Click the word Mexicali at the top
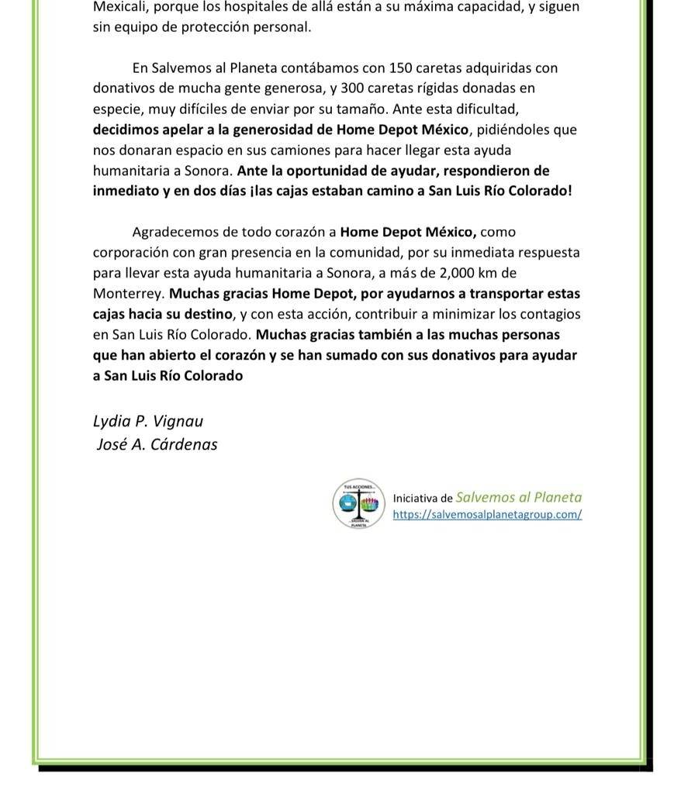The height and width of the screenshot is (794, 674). coord(119,7)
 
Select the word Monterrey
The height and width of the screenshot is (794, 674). coord(128,294)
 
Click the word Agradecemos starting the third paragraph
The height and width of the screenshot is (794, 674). coord(172,232)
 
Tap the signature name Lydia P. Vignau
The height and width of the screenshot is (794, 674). coord(148,421)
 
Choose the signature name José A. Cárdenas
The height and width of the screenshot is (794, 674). coord(157,444)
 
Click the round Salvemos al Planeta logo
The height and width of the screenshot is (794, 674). coord(358,504)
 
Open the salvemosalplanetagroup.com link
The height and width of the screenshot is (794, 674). coord(487,514)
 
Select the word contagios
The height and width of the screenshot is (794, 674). coord(551,314)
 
